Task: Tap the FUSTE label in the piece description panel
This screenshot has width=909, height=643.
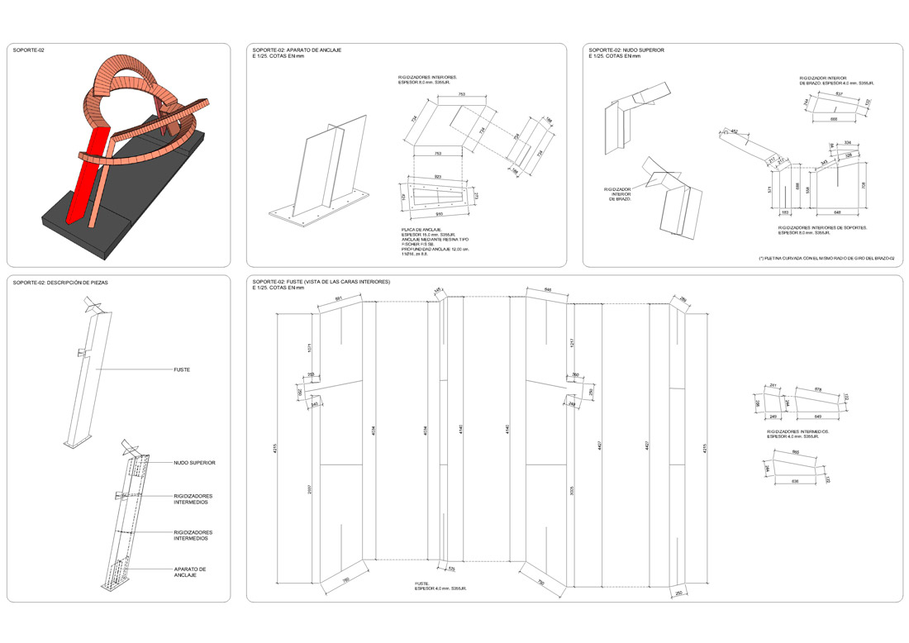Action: (x=182, y=369)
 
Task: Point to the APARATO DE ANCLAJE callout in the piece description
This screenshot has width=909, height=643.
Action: (x=190, y=572)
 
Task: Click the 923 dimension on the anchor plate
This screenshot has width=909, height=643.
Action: (x=437, y=177)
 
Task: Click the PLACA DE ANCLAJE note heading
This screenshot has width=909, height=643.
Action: (x=421, y=229)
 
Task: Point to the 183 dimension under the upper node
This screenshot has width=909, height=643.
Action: (x=783, y=212)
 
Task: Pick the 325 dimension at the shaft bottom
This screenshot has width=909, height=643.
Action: (x=451, y=569)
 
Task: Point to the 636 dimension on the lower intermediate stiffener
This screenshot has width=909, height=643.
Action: (x=796, y=480)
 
